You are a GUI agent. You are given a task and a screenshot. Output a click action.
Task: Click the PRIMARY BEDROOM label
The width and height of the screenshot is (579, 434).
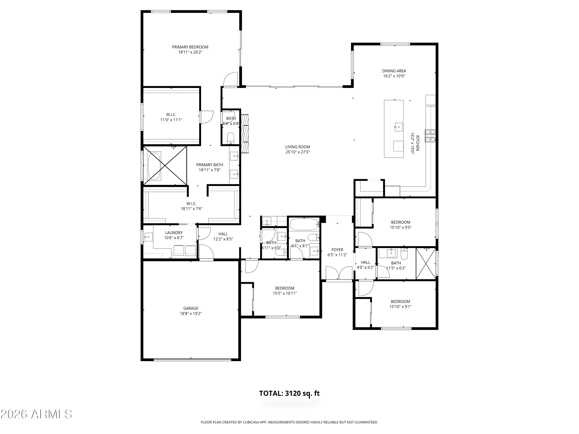coord(190,47)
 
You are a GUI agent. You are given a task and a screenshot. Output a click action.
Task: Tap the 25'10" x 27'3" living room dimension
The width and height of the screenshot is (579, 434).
coord(298,152)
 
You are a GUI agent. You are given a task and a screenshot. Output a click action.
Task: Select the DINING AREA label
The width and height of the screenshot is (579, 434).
coord(394,71)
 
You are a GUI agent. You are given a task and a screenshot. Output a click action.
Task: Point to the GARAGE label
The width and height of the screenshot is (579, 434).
coord(190,308)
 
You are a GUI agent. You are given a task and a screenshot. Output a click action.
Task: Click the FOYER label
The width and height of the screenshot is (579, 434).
coord(337,250)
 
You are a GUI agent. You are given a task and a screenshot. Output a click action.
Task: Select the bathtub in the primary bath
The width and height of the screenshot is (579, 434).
coord(154,166)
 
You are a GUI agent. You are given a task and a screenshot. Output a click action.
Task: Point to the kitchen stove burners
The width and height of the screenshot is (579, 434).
coord(430,136)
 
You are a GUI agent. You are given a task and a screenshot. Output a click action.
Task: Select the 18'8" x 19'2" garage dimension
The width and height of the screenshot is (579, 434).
coord(190,314)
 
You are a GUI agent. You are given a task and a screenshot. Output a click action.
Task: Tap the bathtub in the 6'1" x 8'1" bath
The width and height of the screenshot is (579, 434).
coord(304,224)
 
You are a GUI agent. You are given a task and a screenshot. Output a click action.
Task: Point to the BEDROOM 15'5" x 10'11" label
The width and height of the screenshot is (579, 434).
coord(285,288)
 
